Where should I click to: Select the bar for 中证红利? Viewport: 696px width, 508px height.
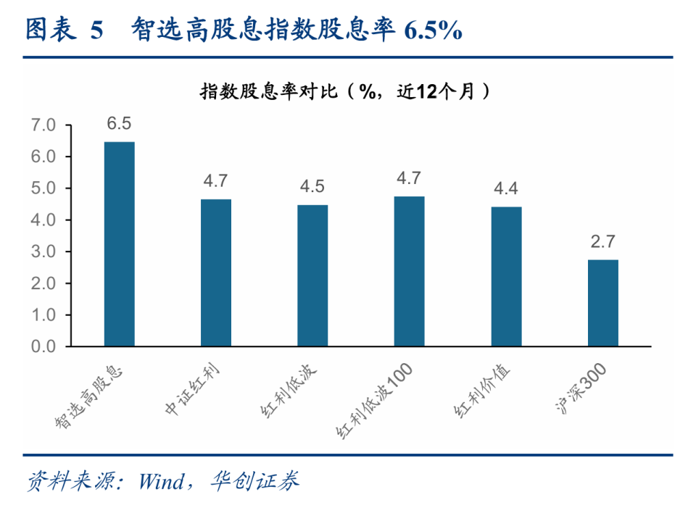tap(216, 272)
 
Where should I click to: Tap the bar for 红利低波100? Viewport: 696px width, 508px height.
tap(409, 271)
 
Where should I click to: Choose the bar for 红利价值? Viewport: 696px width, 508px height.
tap(506, 276)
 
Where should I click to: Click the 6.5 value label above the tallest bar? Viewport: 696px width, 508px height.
tap(119, 123)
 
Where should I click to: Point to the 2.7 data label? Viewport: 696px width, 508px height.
tap(602, 242)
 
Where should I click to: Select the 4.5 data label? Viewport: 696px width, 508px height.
tap(312, 187)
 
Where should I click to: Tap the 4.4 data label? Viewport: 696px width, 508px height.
tap(506, 189)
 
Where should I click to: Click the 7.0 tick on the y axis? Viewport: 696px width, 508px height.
tap(43, 125)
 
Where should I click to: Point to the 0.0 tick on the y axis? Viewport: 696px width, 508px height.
tap(43, 346)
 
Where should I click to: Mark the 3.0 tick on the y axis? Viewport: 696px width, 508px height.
tap(43, 251)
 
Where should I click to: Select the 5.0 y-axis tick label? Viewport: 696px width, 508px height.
tap(43, 188)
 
